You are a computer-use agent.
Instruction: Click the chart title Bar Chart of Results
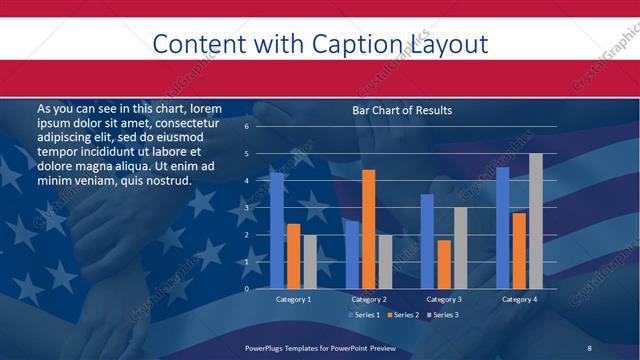pyautogui.click(x=401, y=110)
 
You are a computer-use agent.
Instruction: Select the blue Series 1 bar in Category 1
pyautogui.click(x=277, y=230)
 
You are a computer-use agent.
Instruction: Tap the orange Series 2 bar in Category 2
pyautogui.click(x=368, y=229)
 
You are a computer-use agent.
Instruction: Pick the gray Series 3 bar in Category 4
pyautogui.click(x=535, y=221)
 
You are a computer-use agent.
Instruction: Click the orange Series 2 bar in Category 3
pyautogui.click(x=443, y=264)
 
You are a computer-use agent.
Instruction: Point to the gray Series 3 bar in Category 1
pyautogui.click(x=309, y=262)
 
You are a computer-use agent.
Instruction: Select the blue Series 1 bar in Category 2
pyautogui.click(x=352, y=254)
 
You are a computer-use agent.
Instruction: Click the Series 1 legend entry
pyautogui.click(x=363, y=315)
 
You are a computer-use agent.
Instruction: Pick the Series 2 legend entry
pyautogui.click(x=402, y=315)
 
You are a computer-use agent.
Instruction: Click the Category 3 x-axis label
pyautogui.click(x=443, y=299)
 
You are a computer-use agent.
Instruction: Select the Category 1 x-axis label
pyautogui.click(x=293, y=299)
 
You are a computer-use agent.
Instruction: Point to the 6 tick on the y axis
pyautogui.click(x=246, y=127)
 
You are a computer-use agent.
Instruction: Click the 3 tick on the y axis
pyautogui.click(x=246, y=208)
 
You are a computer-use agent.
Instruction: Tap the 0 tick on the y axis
pyautogui.click(x=246, y=289)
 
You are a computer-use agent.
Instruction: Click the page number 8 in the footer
pyautogui.click(x=590, y=347)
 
